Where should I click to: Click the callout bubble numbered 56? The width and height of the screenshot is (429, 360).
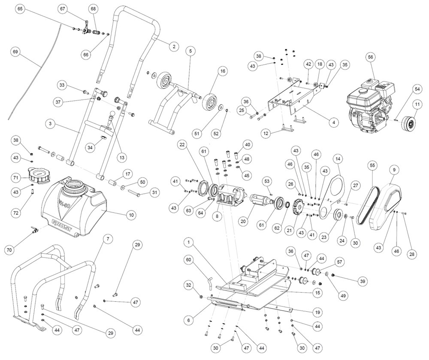click(371, 57)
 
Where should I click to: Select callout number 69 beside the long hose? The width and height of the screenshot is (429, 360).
click(15, 52)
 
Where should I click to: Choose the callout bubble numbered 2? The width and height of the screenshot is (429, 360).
click(174, 46)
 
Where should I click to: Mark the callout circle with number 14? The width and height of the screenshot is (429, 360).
click(338, 159)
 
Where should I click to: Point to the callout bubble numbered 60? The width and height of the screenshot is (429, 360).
click(189, 259)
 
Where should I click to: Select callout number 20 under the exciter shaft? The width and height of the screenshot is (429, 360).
click(244, 221)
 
